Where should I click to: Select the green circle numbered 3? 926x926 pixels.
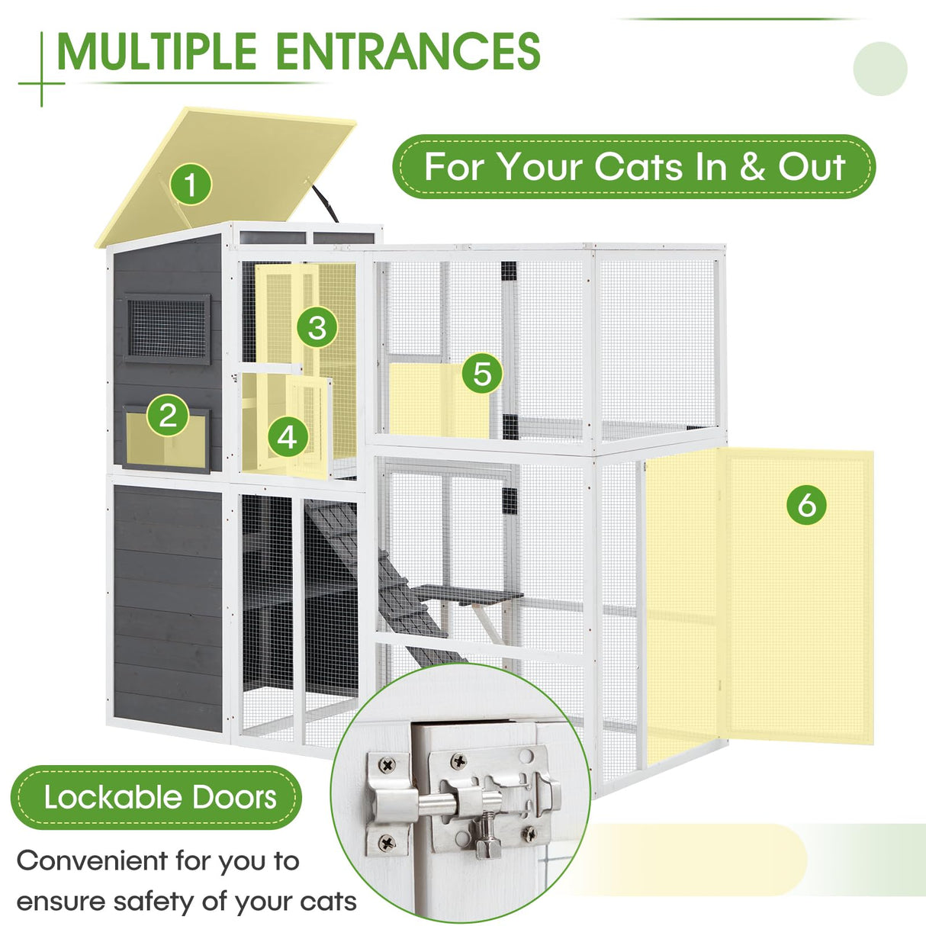[x=317, y=328]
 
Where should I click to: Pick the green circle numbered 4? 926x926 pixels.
[x=287, y=437]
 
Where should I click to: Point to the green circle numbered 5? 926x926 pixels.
[x=482, y=374]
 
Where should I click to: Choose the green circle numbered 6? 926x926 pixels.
[x=806, y=504]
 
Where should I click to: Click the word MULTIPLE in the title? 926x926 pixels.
[x=156, y=52]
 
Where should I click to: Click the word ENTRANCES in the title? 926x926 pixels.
[x=407, y=52]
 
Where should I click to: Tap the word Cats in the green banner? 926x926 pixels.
[x=638, y=167]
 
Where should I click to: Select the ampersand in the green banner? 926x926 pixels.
[x=752, y=167]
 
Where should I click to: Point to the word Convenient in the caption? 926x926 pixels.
[x=92, y=861]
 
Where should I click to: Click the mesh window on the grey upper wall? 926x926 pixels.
[x=167, y=329]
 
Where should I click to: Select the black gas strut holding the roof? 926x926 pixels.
[x=324, y=200]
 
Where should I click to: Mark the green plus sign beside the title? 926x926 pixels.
[x=41, y=82]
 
